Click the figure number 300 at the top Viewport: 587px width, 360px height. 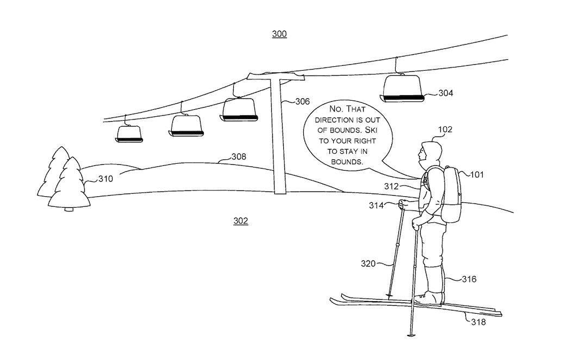tap(279, 34)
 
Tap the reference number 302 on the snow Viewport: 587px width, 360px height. tap(241, 221)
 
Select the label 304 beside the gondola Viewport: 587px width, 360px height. tap(446, 93)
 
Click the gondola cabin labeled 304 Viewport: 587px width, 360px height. tap(402, 89)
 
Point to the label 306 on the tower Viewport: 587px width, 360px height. tap(303, 102)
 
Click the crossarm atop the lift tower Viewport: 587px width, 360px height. tap(276, 77)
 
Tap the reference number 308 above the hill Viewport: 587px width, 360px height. tap(239, 157)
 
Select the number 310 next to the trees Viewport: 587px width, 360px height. tap(105, 179)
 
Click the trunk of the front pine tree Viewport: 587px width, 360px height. tap(69, 209)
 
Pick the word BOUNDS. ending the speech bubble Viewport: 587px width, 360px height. tap(347, 162)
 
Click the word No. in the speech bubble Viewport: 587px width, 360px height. tap(335, 109)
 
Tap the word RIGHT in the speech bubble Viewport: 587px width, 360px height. tap(363, 141)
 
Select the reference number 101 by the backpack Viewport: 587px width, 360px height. tap(477, 175)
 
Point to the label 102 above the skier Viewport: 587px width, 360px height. tap(445, 129)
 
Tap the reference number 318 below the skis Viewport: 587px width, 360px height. tap(478, 322)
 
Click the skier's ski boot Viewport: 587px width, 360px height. tap(428, 299)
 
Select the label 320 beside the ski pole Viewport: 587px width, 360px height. tap(368, 264)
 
